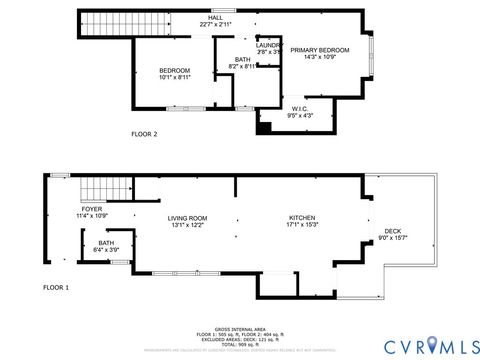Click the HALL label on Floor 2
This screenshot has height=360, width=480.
point(214,17)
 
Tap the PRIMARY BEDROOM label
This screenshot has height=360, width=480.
point(319,49)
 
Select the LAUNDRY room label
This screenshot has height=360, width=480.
point(267,45)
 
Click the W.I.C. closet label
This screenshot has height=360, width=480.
point(299,108)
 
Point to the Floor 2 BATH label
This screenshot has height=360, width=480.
point(243,60)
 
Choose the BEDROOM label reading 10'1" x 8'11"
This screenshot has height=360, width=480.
point(175,70)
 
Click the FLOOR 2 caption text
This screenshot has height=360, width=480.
point(145,132)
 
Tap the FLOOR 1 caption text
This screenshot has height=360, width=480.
point(56,287)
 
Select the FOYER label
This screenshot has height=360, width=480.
point(92,208)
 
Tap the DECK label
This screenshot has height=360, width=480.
point(393,231)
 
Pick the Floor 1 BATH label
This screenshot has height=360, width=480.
point(106,242)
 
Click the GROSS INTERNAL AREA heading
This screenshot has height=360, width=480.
point(239,327)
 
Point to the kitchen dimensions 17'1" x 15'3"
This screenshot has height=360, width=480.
point(303,225)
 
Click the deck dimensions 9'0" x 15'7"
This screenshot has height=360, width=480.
point(393,238)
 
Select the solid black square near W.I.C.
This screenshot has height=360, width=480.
point(264,126)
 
